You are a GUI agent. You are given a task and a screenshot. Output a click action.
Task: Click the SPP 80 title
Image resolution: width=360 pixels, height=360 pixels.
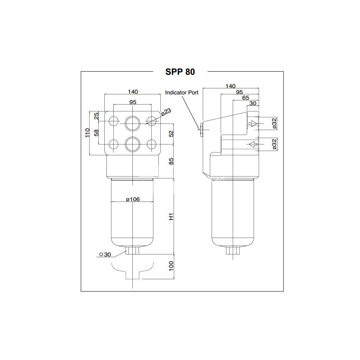pos(180,72)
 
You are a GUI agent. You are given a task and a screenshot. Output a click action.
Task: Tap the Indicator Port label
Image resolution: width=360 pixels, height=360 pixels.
pos(182,92)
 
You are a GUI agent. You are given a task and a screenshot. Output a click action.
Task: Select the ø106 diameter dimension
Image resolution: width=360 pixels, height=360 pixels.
pos(133,199)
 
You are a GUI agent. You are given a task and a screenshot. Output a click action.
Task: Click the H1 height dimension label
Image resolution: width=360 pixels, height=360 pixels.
pos(171,217)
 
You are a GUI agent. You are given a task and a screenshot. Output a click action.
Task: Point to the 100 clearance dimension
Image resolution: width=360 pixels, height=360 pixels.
pos(171,266)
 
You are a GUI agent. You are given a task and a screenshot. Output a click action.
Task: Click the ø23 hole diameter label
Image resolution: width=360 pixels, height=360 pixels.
pos(166,112)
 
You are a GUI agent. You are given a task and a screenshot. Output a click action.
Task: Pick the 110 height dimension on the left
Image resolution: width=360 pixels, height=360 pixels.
pos(87,133)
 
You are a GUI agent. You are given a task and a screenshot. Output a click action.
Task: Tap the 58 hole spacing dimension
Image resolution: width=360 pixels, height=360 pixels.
pos(96,133)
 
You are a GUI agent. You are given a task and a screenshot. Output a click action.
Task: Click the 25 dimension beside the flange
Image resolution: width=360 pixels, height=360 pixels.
pos(96,116)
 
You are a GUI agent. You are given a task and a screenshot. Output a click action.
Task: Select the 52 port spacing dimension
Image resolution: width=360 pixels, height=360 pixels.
pos(171,134)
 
